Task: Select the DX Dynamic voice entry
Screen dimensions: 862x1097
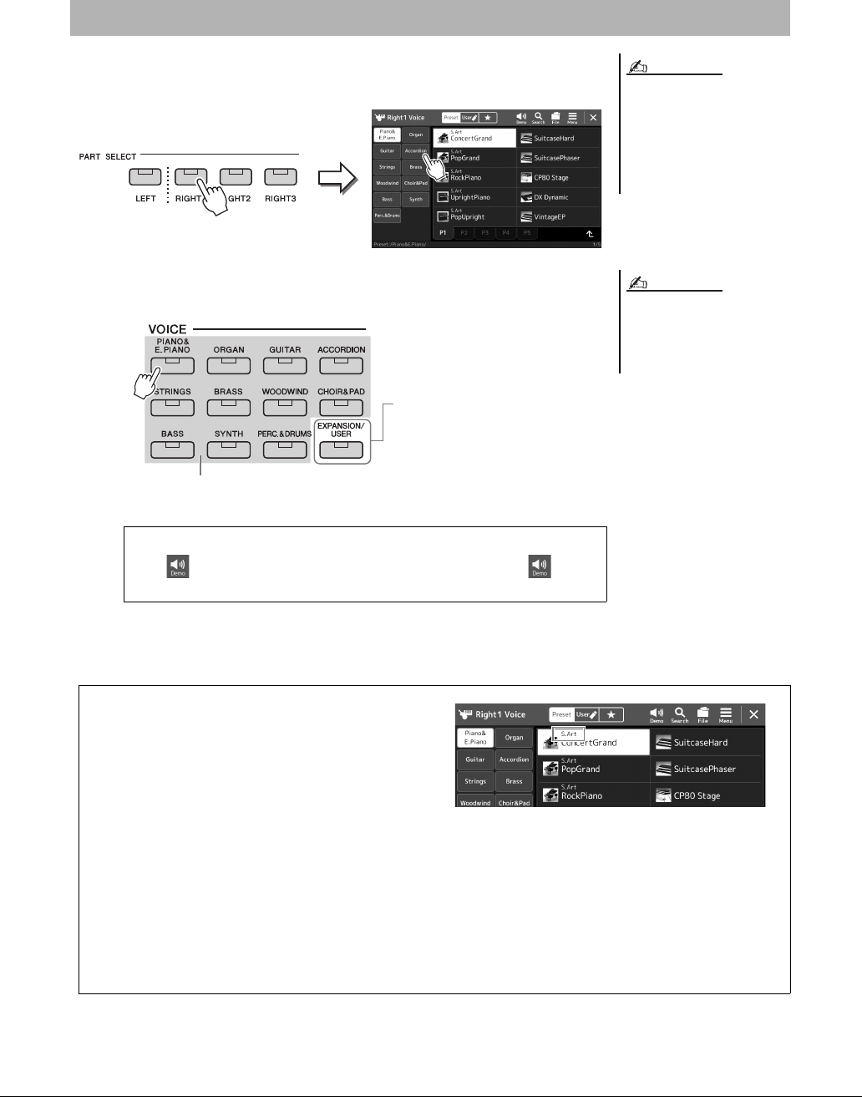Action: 557,197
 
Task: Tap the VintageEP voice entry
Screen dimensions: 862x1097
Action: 557,217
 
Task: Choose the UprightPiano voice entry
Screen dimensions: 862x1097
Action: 474,197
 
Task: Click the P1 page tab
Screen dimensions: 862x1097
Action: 443,233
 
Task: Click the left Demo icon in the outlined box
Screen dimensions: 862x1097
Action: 177,566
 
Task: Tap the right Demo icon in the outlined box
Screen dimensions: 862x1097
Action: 540,566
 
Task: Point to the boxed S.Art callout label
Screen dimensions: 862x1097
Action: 569,734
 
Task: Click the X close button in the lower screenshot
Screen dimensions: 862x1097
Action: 753,714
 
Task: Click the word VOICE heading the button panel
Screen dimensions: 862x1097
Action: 167,329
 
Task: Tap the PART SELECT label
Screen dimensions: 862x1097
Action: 108,156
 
